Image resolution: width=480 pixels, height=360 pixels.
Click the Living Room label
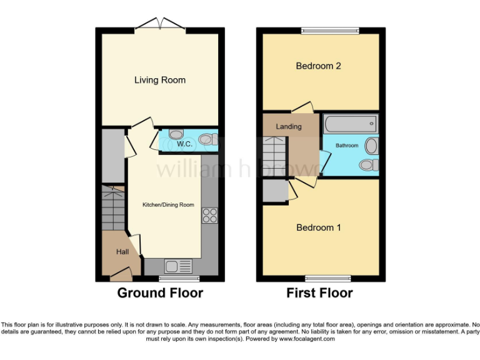coord(160,80)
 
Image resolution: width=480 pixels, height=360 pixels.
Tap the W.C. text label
coord(184,144)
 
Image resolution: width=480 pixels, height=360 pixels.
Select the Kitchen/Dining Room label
coord(168,205)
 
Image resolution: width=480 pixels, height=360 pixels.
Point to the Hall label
coord(122,251)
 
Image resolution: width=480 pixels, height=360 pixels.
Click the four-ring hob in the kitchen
coord(209,216)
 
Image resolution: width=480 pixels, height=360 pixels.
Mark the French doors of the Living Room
coord(161,25)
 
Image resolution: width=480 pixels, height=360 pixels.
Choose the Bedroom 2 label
coord(318,66)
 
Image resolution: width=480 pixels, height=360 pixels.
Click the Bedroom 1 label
coord(318,227)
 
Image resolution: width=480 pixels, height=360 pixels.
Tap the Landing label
coord(289,126)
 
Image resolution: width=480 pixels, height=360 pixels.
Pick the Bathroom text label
coord(347,146)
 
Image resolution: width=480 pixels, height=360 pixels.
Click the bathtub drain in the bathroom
coord(372,123)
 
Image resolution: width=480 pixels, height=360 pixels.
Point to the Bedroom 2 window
coord(331,29)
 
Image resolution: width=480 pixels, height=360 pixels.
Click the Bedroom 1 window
coord(327,277)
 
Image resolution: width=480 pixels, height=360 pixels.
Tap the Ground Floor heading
coord(160,292)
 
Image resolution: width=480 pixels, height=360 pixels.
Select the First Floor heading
coord(319,292)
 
